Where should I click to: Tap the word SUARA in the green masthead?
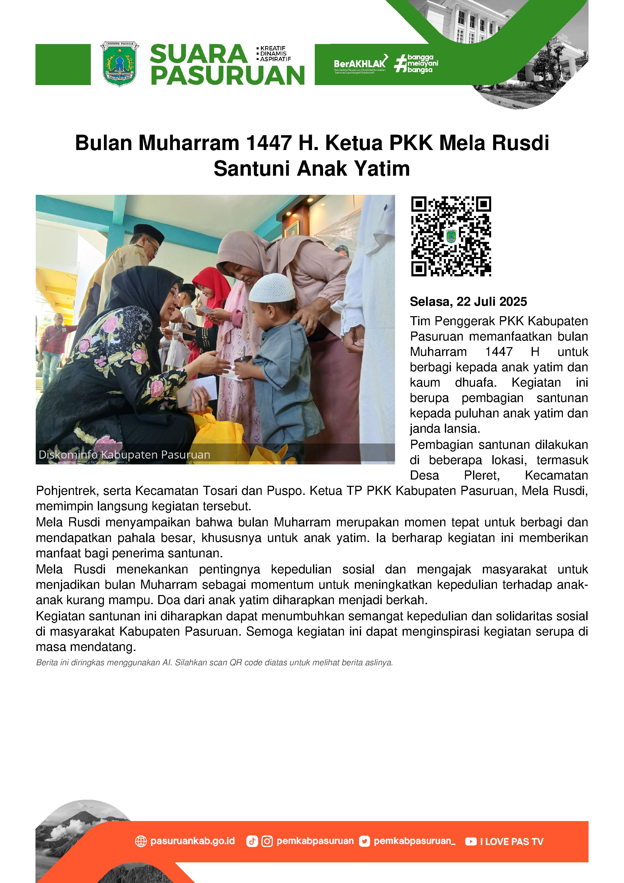pyautogui.click(x=198, y=54)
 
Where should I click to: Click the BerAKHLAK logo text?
pyautogui.click(x=360, y=63)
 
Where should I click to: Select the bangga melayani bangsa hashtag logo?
pyautogui.click(x=416, y=63)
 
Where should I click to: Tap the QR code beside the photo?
pyautogui.click(x=451, y=236)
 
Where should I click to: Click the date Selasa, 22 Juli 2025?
pyautogui.click(x=468, y=302)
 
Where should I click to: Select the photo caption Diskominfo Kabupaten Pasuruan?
pyautogui.click(x=124, y=455)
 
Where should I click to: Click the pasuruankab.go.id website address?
pyautogui.click(x=192, y=841)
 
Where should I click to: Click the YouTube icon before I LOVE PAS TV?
pyautogui.click(x=471, y=841)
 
